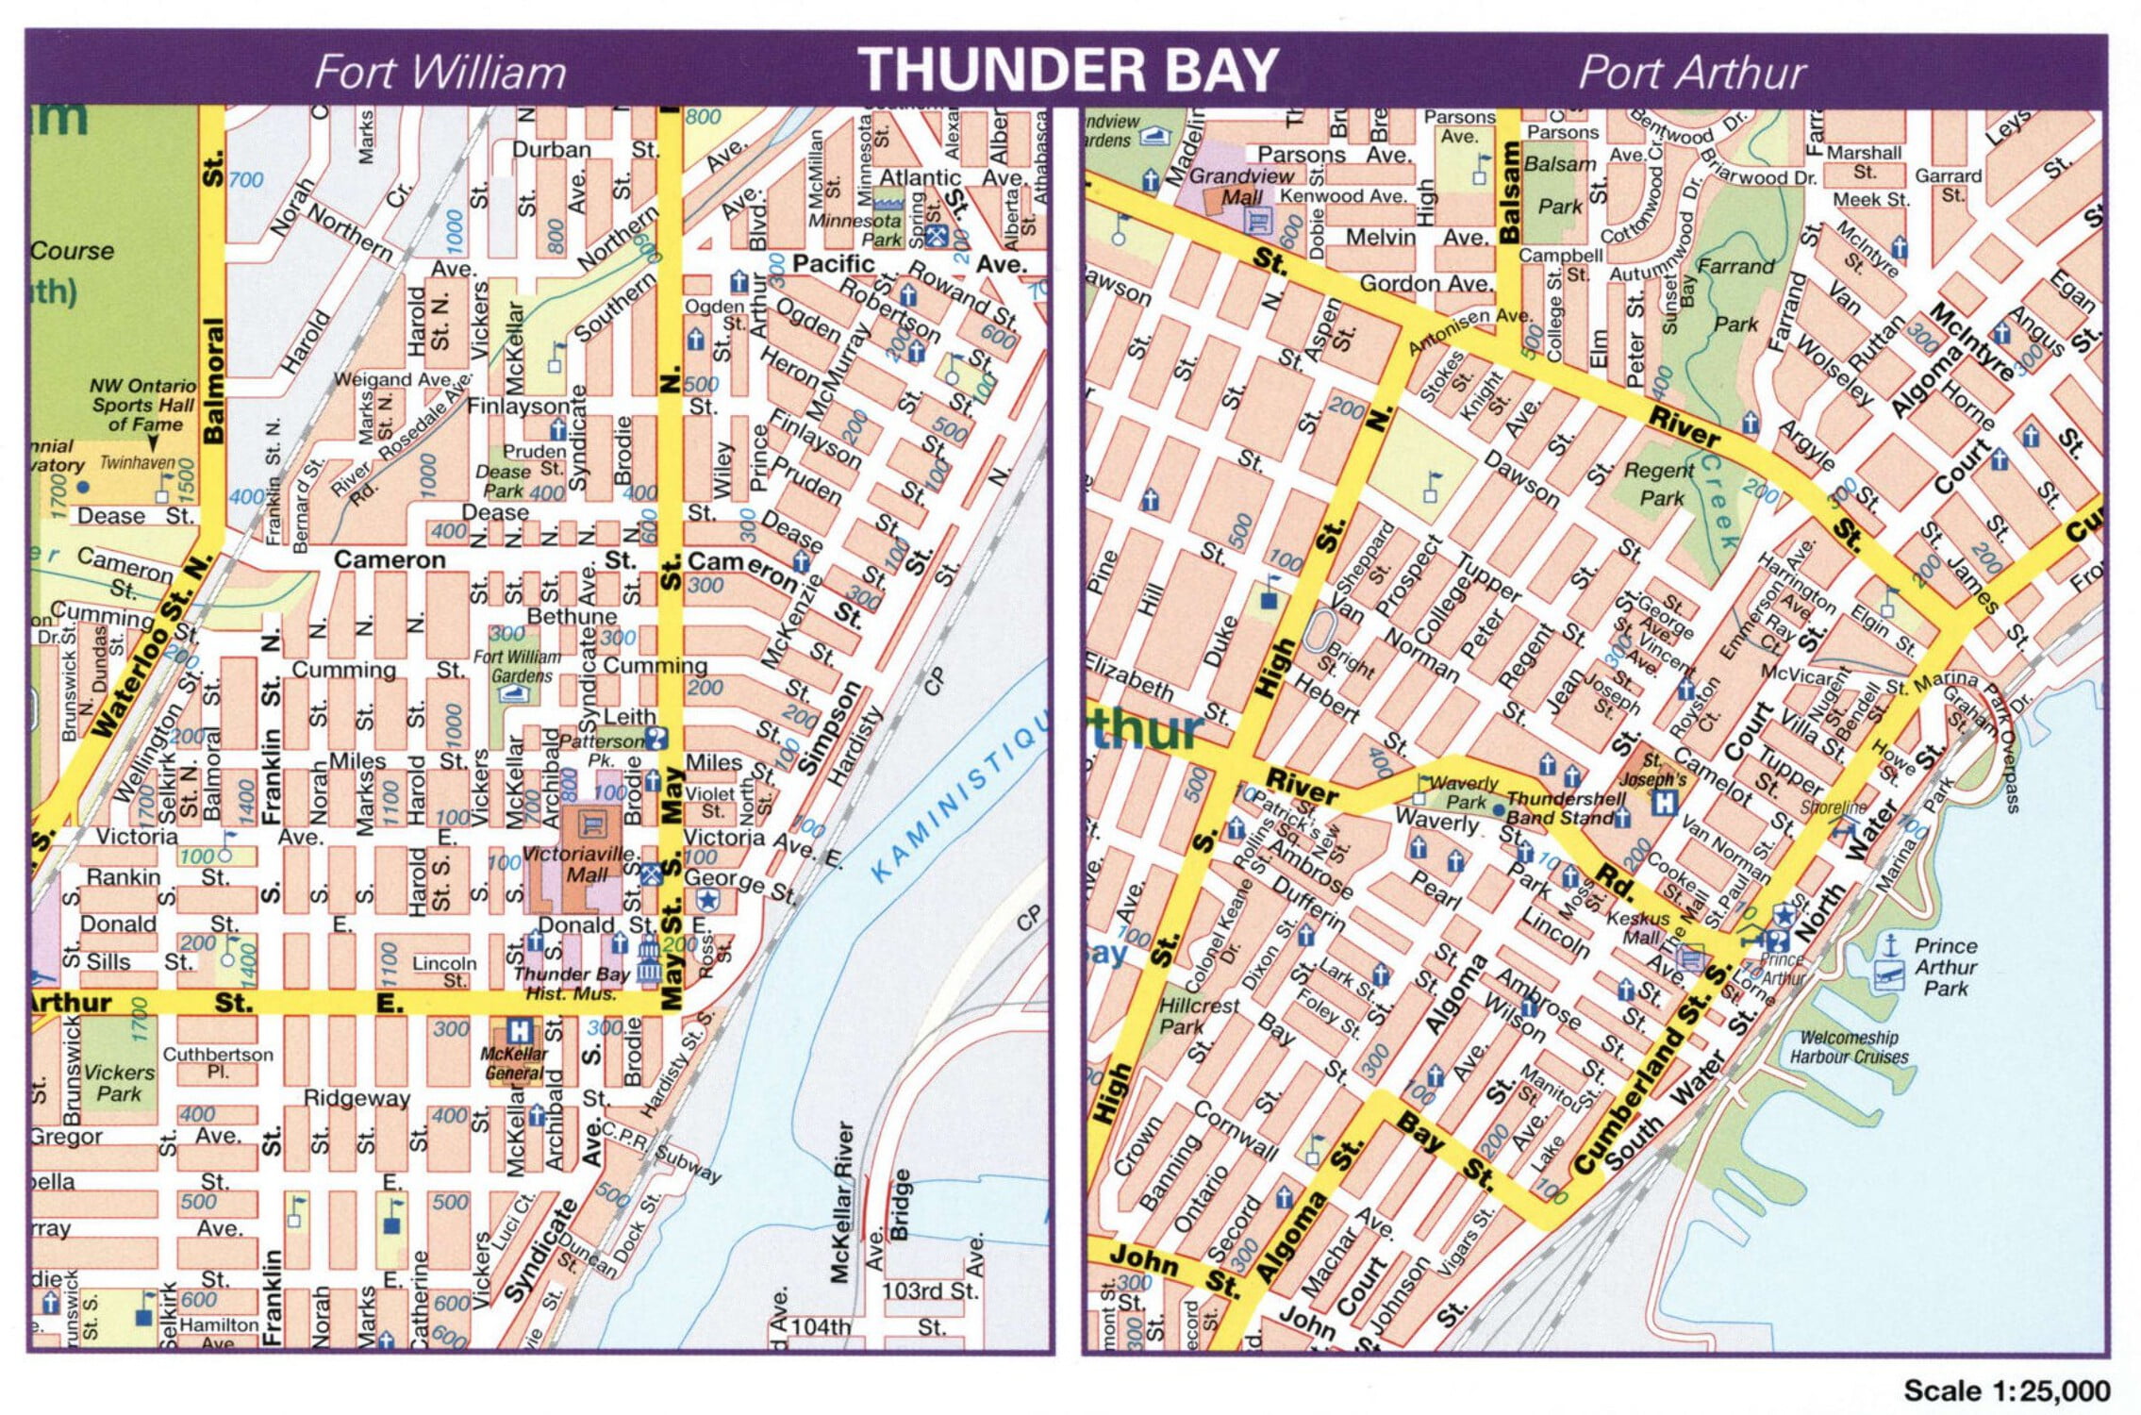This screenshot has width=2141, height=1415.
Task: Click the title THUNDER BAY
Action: point(1068,70)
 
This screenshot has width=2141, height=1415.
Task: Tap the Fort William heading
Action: point(440,73)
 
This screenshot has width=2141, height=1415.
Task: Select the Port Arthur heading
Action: point(1692,73)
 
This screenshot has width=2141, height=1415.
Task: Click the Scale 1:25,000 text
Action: point(2006,1390)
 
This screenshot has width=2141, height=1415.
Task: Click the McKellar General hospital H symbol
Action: point(517,1030)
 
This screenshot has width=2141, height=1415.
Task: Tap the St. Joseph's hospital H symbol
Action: point(1666,804)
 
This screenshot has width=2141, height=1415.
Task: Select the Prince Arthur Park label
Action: point(1945,967)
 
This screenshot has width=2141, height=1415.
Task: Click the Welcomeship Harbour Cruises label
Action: point(1849,1047)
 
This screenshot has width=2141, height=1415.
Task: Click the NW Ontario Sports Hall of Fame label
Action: point(143,405)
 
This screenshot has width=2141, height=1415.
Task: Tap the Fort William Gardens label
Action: point(518,666)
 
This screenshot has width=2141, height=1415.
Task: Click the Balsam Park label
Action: point(1560,185)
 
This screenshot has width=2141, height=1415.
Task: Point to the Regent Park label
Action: point(1660,483)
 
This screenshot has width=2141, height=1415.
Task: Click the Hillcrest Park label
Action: point(1198,1015)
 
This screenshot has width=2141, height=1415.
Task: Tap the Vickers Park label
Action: point(119,1083)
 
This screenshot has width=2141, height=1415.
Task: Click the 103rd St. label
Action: point(930,1290)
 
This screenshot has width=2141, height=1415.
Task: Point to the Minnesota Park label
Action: point(854,230)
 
